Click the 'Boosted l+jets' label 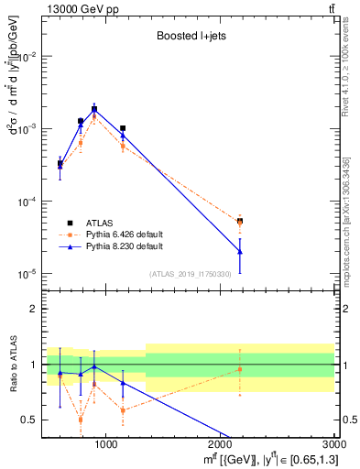[x=189, y=38]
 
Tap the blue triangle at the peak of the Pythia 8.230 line [x=94, y=109]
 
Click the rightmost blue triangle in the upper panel [x=240, y=251]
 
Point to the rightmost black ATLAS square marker [x=240, y=221]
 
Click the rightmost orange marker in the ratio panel [x=240, y=369]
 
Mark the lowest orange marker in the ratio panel [x=81, y=420]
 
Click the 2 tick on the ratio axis [x=34, y=309]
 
